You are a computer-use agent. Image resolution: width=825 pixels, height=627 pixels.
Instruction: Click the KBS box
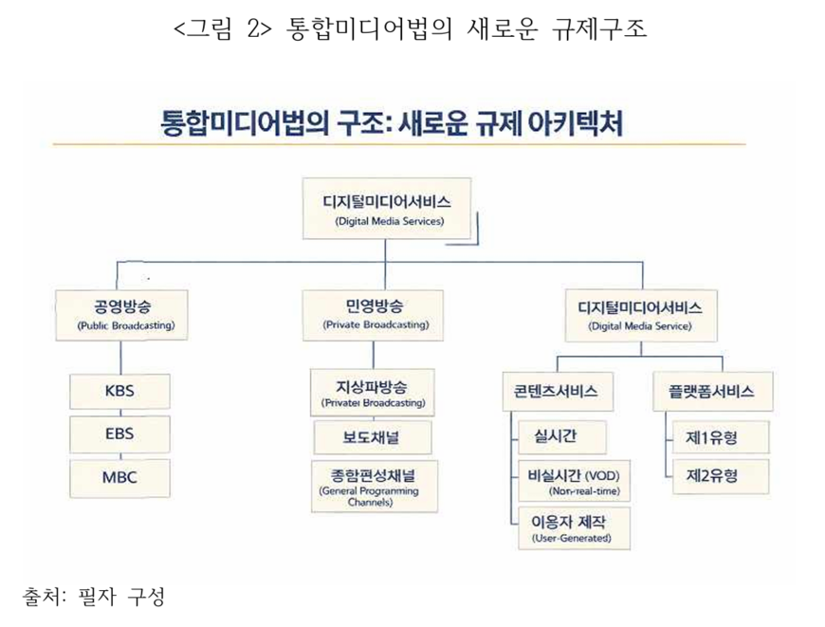119,391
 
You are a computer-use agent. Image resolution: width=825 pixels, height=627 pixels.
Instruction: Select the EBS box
119,433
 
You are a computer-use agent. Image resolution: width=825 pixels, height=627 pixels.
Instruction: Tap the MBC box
119,476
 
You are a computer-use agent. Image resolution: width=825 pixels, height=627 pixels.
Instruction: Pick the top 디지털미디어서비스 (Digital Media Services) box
389,210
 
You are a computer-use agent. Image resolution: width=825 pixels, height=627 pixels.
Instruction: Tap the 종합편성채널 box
371,485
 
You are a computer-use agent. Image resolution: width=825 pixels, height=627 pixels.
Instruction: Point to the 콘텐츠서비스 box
557,391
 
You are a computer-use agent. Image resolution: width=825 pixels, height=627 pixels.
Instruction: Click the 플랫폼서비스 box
711,391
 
